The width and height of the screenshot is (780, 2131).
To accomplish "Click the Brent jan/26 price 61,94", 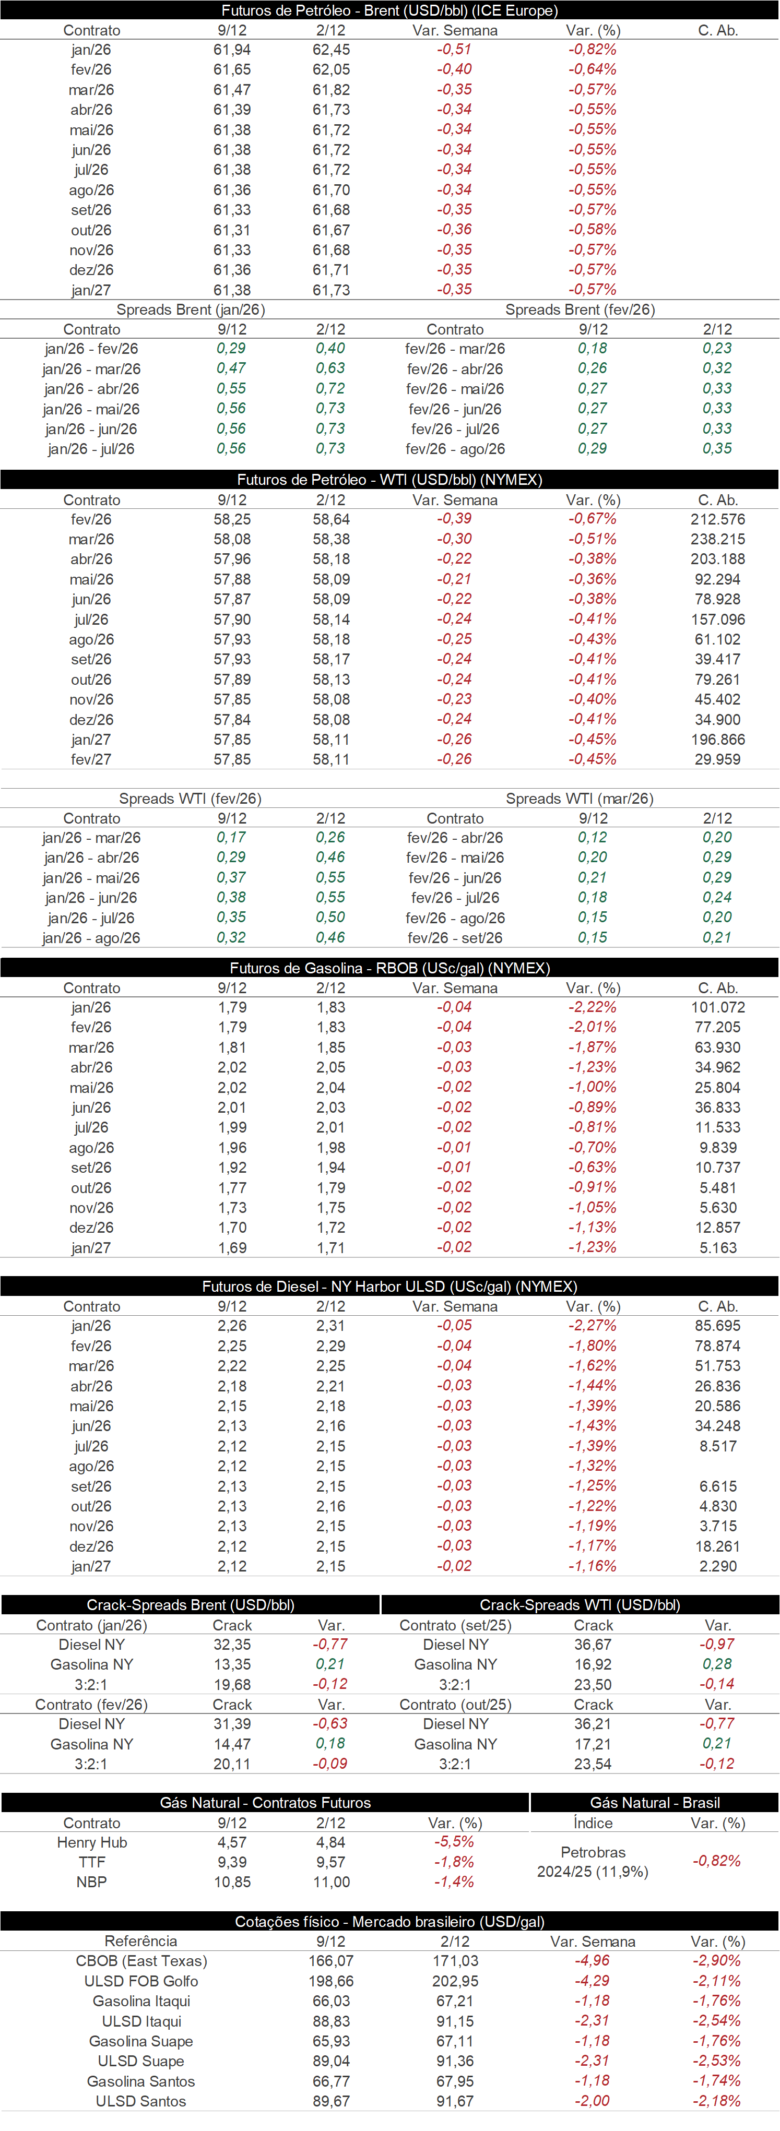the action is (232, 50).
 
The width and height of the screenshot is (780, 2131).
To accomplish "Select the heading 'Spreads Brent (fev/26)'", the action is (580, 309).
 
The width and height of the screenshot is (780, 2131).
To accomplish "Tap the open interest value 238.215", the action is (717, 539).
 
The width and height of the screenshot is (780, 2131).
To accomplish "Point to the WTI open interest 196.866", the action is (717, 740).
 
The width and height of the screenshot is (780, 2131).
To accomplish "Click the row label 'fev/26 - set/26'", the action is (455, 938).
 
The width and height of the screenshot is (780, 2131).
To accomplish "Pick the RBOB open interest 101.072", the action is (717, 1008).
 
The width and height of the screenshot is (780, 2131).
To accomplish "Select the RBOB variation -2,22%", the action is (592, 1008).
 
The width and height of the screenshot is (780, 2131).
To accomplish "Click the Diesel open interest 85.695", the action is (717, 1326).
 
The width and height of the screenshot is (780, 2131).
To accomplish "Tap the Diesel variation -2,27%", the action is (592, 1326).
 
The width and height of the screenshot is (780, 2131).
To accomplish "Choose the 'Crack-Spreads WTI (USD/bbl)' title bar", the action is (580, 1605).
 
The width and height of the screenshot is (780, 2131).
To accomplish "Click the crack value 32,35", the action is (232, 1645).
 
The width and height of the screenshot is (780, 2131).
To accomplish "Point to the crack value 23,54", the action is (593, 1764).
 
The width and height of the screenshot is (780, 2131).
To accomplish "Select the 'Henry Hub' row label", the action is (92, 1842).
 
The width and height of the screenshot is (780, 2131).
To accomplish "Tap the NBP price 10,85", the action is (232, 1882).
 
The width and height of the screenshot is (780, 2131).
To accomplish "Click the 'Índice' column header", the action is (593, 1823).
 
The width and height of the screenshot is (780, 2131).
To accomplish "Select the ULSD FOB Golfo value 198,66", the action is (331, 1981).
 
